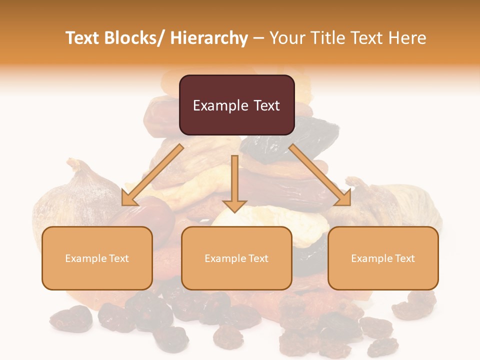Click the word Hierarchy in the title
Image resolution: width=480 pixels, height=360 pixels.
click(x=209, y=38)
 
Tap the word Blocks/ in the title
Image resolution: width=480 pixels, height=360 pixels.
click(x=133, y=38)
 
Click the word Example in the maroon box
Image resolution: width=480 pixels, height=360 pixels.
click(x=220, y=105)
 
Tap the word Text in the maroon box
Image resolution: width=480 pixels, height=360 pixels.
click(x=266, y=105)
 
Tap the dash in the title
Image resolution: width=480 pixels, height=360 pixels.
click(x=258, y=38)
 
